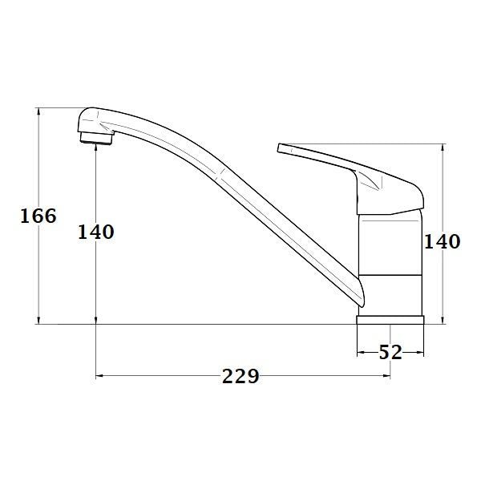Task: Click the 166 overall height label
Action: (x=38, y=216)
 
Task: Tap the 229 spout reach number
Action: (x=240, y=376)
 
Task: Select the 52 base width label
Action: (x=390, y=352)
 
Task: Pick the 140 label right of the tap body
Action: (x=442, y=241)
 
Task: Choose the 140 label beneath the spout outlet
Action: (x=96, y=232)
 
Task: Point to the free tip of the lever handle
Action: (x=281, y=148)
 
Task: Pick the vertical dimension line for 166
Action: (x=38, y=160)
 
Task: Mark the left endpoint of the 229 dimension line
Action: (x=96, y=375)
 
